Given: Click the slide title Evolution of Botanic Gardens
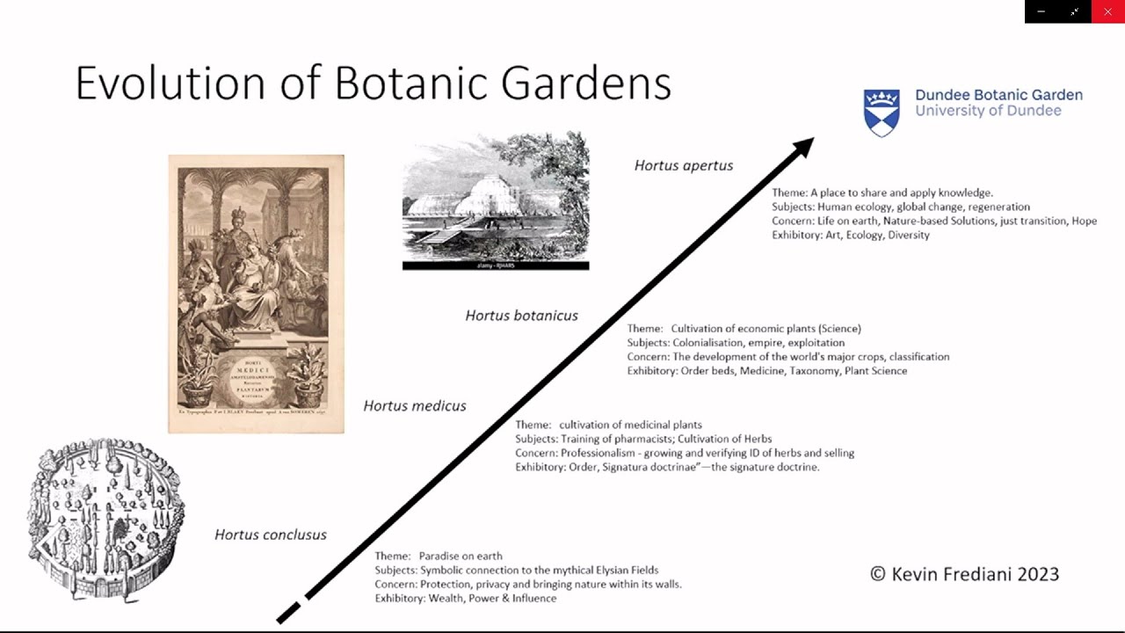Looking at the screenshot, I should (x=373, y=84).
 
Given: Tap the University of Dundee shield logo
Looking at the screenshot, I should (x=882, y=112).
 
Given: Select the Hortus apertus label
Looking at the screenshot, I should (x=683, y=165).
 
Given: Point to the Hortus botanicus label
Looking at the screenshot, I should (x=521, y=316).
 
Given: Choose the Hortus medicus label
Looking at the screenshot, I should (x=415, y=405).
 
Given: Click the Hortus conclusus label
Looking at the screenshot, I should (x=271, y=535).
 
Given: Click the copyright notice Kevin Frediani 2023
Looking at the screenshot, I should (x=964, y=574).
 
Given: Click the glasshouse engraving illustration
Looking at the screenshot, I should (x=496, y=200).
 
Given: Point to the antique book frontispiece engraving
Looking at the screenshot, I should (x=256, y=294).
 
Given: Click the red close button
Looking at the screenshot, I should (x=1107, y=11).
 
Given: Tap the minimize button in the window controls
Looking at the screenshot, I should (x=1041, y=11).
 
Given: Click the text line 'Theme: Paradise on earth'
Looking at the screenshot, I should (x=439, y=556).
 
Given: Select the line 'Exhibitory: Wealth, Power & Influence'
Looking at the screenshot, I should (x=466, y=598).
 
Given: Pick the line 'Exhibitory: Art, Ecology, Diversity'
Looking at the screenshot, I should (x=850, y=235).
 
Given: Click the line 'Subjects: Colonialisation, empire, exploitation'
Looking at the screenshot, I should (x=736, y=343).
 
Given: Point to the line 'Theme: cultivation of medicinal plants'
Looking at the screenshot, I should (x=608, y=425).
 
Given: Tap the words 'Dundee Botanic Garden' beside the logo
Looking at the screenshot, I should (x=998, y=95).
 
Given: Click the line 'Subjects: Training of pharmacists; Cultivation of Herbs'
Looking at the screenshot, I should (x=643, y=439).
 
